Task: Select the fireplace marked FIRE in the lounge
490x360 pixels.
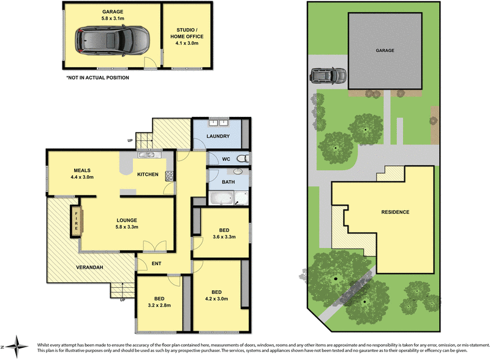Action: (x=77, y=219)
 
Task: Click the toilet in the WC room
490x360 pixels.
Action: (x=243, y=159)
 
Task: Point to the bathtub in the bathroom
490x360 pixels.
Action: (x=221, y=198)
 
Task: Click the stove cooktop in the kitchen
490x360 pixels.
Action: (x=169, y=174)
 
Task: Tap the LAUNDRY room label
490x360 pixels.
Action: (x=217, y=136)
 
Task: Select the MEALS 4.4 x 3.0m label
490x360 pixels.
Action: (x=83, y=174)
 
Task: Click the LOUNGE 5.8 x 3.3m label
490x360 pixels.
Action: (x=127, y=223)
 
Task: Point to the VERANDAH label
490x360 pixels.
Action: (x=89, y=268)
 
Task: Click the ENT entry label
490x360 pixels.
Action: (x=157, y=263)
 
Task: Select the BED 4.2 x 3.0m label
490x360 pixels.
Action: (x=217, y=296)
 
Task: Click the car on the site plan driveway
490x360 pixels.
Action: (x=328, y=77)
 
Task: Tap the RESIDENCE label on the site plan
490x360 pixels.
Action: (x=395, y=212)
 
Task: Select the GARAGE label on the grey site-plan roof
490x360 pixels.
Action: (x=385, y=51)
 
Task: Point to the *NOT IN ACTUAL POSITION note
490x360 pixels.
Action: (x=98, y=78)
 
